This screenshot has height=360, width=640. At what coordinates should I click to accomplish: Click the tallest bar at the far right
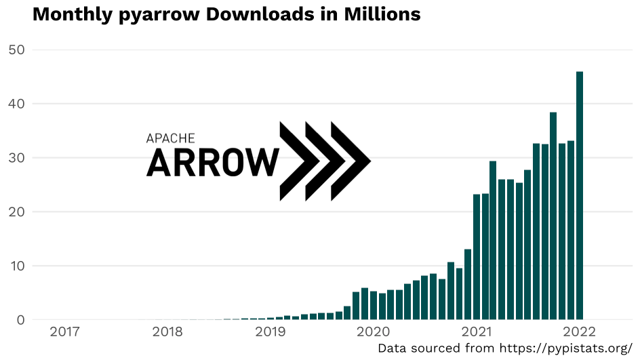[580, 195]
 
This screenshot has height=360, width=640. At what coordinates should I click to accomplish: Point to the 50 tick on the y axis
[16, 50]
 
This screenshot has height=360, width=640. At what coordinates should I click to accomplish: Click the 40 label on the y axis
[16, 104]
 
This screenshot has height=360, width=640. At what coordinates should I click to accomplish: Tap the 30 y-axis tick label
[16, 158]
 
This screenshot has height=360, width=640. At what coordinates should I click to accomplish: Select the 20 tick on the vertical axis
[16, 212]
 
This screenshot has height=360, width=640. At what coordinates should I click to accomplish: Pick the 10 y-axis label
[16, 266]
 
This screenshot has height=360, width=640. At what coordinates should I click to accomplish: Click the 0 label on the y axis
[20, 319]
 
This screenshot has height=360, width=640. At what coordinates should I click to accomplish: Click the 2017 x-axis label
[65, 332]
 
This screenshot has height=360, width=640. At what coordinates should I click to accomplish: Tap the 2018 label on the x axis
[167, 332]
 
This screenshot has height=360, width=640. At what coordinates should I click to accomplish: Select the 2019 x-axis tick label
[271, 332]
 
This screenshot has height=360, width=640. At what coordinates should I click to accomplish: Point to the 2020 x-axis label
[373, 332]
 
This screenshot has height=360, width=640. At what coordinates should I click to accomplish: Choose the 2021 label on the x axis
[476, 332]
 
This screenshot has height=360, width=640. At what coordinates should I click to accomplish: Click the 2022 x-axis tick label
[578, 332]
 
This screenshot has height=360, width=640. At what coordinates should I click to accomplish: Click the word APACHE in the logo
[171, 138]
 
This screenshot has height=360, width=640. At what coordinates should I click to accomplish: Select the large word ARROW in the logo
[212, 163]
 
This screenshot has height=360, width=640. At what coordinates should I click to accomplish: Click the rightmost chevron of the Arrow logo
[351, 161]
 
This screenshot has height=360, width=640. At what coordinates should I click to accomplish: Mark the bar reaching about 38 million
[553, 216]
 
